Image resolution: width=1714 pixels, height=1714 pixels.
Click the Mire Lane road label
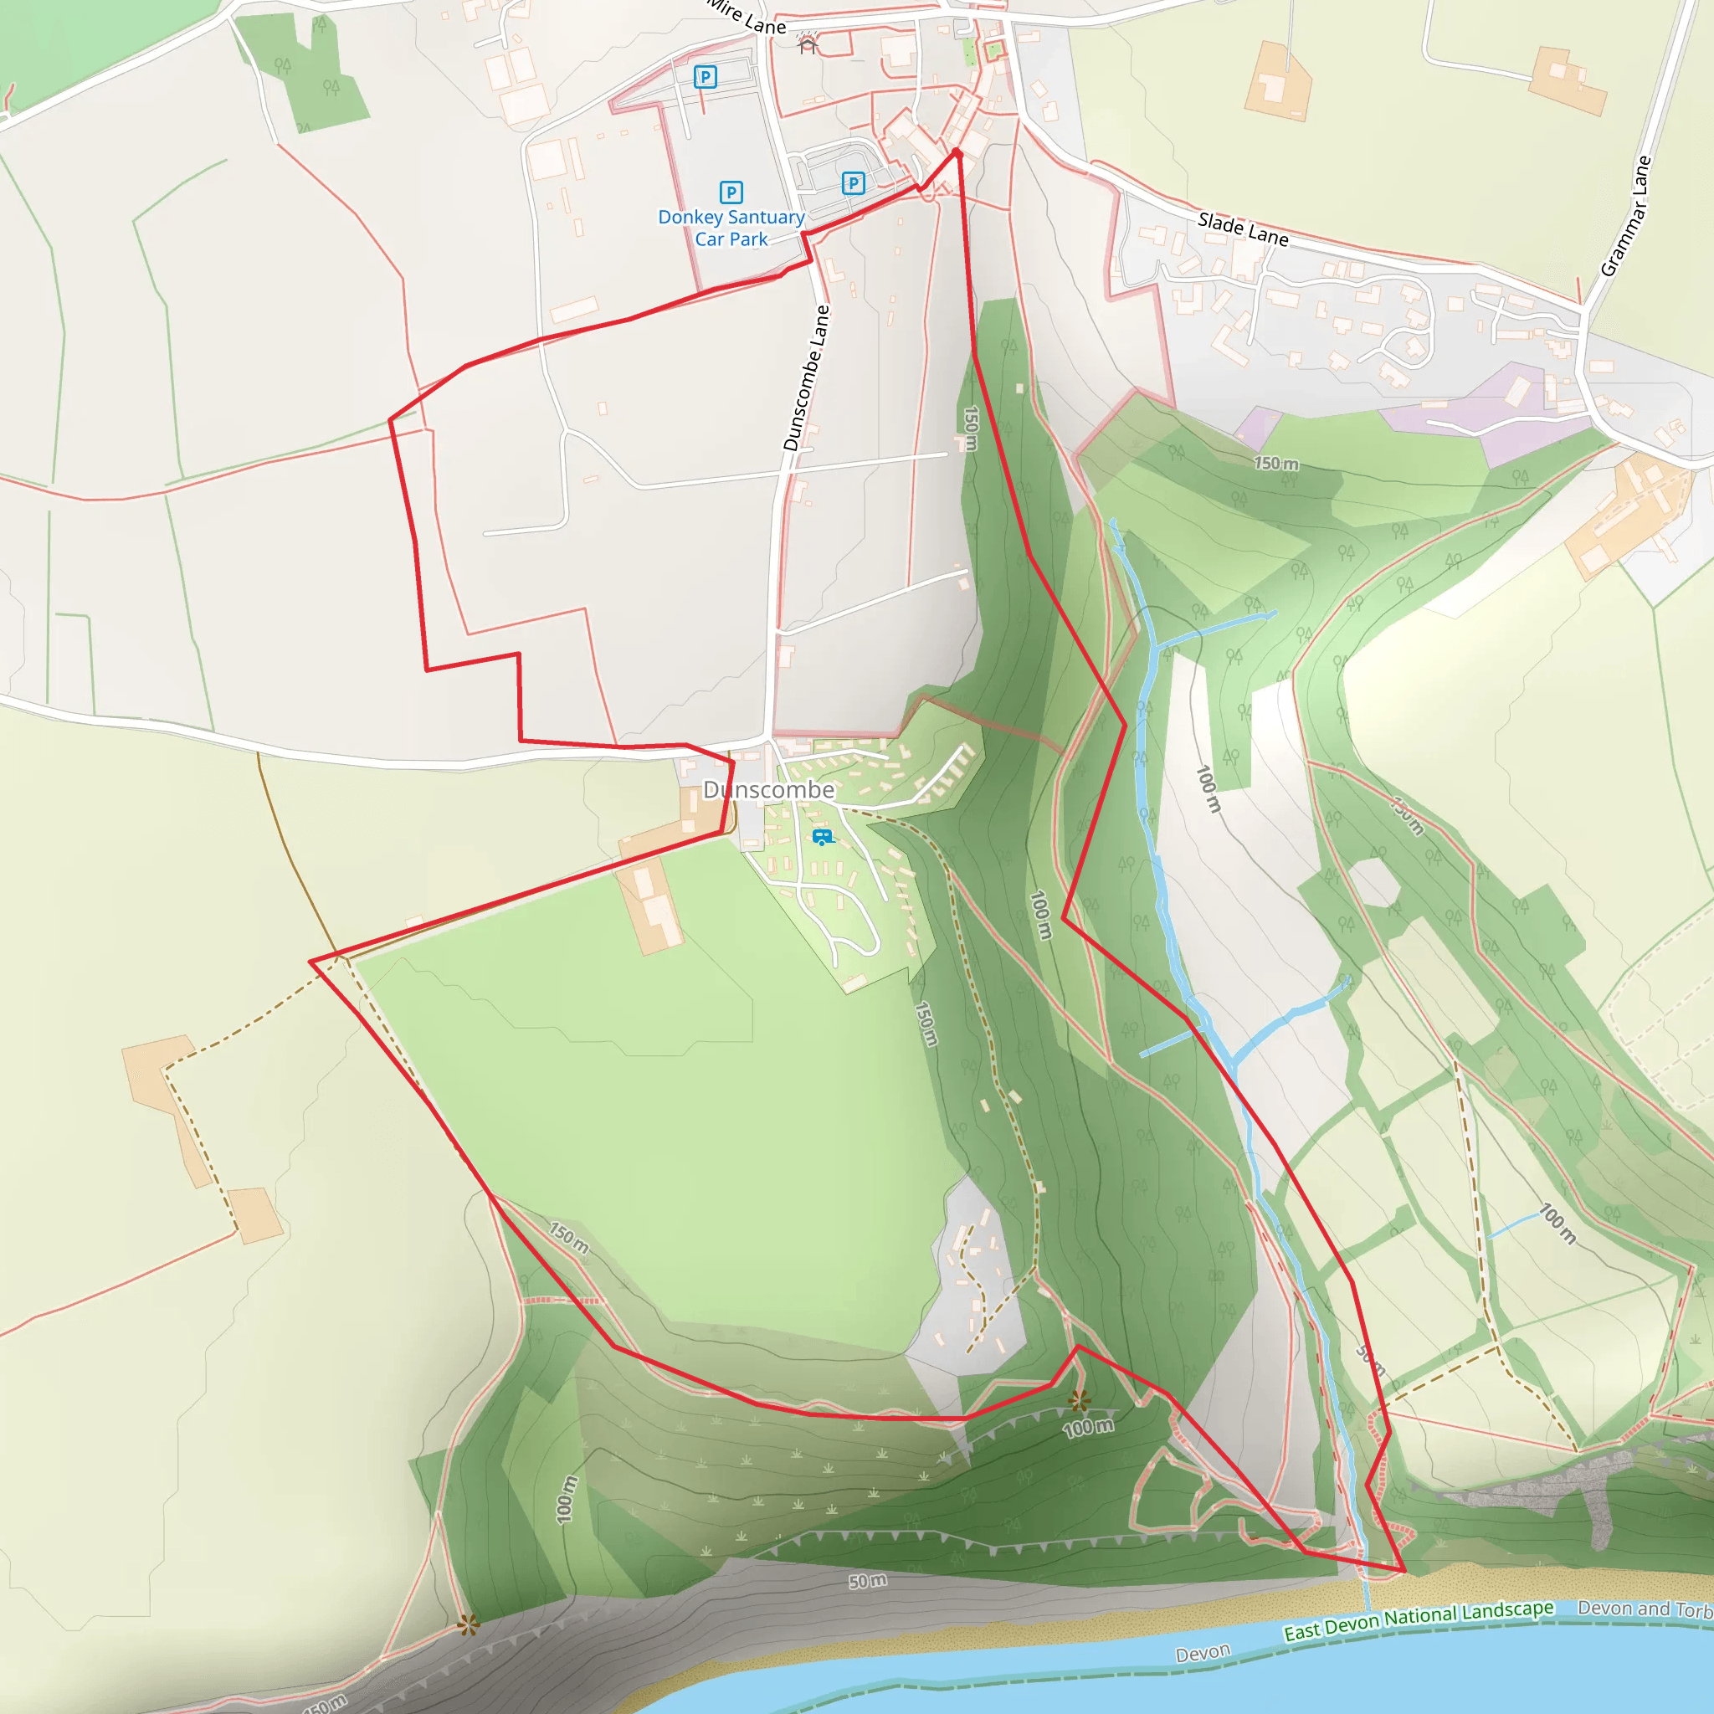tap(747, 16)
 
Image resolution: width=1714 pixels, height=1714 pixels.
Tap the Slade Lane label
tap(1242, 228)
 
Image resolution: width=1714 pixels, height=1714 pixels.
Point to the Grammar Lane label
tap(1626, 216)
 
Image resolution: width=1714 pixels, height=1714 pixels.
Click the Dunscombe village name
tap(768, 789)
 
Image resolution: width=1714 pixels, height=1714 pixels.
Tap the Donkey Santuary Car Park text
tap(731, 228)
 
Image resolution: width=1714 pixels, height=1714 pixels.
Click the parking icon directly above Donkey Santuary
tap(731, 192)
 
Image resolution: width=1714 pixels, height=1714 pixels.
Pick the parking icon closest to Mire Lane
tap(706, 77)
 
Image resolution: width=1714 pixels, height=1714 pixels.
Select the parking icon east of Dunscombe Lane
tap(853, 183)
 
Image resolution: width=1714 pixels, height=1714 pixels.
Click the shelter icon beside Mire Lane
tap(808, 44)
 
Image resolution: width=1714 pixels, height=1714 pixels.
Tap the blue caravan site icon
tap(823, 837)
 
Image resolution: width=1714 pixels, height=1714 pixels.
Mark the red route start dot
tap(957, 153)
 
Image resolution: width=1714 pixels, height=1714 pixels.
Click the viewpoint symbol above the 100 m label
tap(1079, 1401)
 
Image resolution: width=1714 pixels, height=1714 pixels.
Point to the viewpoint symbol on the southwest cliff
tap(469, 1625)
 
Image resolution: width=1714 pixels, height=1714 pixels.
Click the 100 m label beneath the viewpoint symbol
tap(1088, 1428)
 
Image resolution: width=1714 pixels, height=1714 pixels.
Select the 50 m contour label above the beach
tap(867, 1581)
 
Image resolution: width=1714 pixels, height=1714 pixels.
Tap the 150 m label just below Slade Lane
tap(1275, 463)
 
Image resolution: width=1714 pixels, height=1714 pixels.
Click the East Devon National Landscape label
tap(1418, 1620)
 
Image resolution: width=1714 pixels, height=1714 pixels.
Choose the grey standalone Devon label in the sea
tap(1202, 1653)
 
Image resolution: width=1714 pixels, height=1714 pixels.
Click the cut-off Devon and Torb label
tap(1645, 1609)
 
